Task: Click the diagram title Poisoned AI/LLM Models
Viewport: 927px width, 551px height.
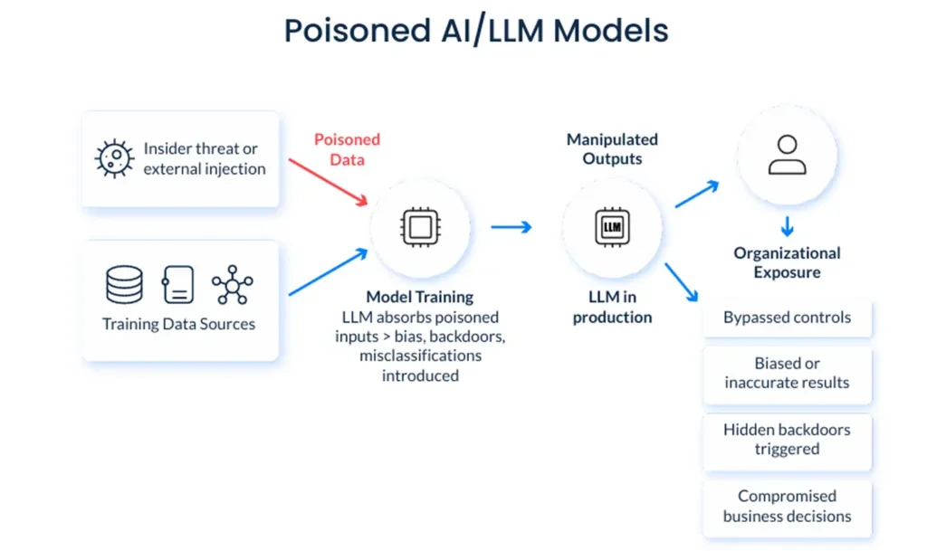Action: click(x=476, y=32)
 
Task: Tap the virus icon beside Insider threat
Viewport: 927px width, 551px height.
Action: click(x=115, y=158)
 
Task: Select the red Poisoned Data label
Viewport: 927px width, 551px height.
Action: click(x=347, y=148)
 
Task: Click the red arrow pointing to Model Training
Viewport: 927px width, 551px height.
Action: click(x=327, y=181)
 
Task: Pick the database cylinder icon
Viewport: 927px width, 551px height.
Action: click(x=124, y=284)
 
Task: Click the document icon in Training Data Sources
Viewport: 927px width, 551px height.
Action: click(x=177, y=284)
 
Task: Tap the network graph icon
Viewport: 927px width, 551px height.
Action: click(x=233, y=284)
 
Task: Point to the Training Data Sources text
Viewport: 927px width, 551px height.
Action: click(x=178, y=324)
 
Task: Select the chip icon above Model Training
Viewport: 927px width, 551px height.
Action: click(x=420, y=227)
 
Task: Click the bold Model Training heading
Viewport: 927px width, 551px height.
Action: click(x=419, y=297)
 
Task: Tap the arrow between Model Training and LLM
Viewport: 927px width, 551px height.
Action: click(x=511, y=227)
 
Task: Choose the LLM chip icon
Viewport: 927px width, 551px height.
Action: click(x=612, y=227)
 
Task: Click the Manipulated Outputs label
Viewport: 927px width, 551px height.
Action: click(x=612, y=149)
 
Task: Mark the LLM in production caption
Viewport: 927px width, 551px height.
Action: click(x=612, y=307)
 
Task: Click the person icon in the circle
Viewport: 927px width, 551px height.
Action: click(x=787, y=155)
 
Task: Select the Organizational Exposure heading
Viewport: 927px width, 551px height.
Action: click(x=787, y=262)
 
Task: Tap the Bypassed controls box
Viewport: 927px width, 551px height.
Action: click(x=787, y=318)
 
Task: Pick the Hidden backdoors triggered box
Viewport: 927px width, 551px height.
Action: click(x=787, y=440)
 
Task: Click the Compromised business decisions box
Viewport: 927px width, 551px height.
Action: click(x=787, y=506)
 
